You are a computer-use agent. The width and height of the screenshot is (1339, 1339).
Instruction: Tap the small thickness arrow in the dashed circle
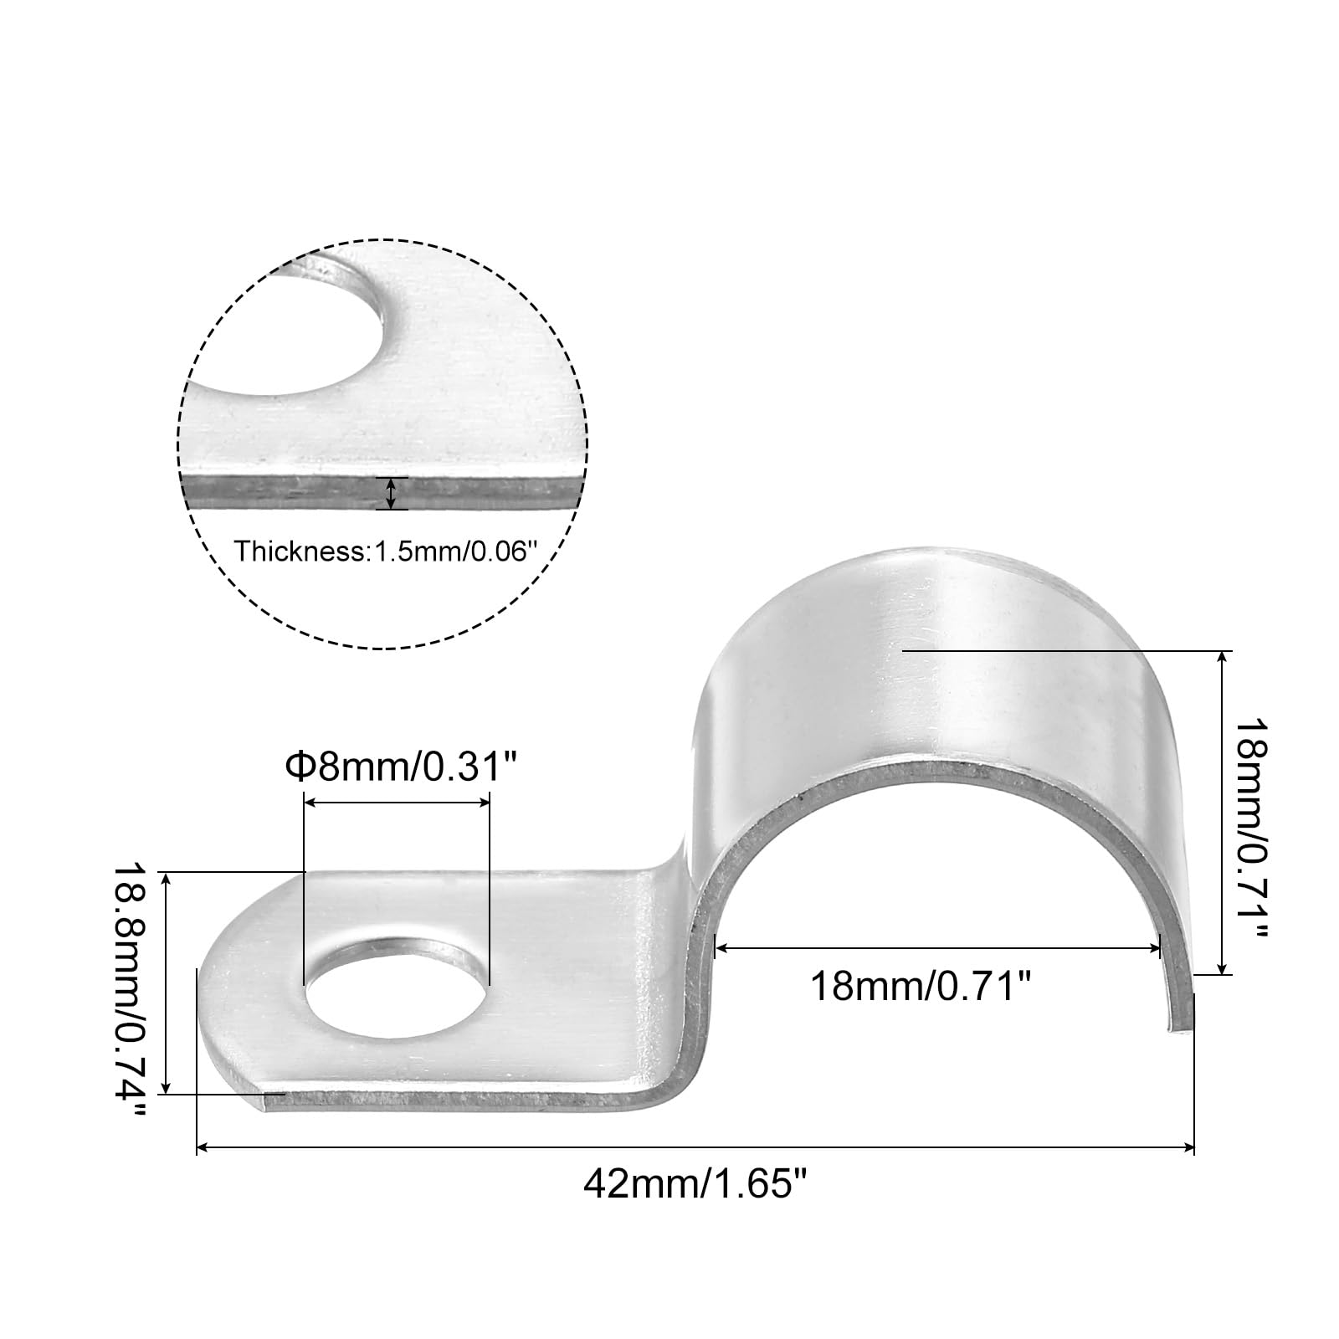point(391,493)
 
